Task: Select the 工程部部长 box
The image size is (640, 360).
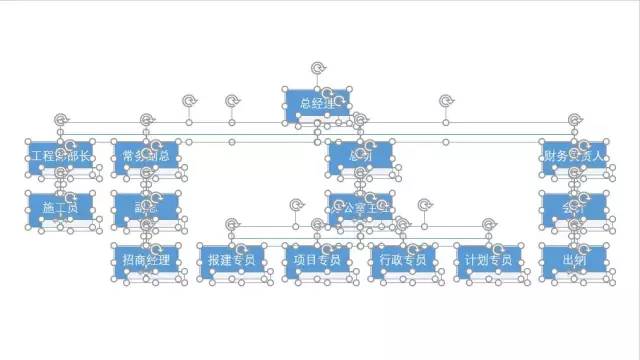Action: [60, 156]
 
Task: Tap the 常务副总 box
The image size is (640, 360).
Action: [146, 156]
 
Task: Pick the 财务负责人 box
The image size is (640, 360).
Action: [574, 156]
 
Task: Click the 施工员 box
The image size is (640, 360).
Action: [60, 209]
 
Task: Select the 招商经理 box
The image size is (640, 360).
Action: [146, 261]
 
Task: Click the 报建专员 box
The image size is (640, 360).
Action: [232, 261]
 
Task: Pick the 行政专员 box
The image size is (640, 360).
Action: [403, 261]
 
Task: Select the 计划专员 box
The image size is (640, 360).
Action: [489, 261]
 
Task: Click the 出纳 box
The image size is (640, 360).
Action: [574, 261]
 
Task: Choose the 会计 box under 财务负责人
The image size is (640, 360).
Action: [574, 209]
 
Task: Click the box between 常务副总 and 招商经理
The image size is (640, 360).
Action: [146, 209]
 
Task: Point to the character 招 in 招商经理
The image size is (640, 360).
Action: [127, 261]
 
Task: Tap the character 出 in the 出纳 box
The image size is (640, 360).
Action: [568, 261]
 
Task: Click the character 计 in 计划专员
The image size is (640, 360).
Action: [470, 261]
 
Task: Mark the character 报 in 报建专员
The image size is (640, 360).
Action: [213, 261]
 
